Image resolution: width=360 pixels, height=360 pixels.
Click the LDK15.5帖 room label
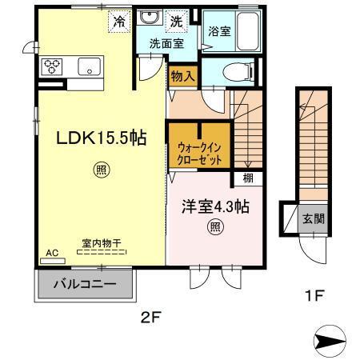pos(100,138)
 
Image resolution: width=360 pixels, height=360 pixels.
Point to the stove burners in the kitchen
pos(53,66)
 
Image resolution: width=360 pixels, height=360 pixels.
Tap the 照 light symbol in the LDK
pos(101,170)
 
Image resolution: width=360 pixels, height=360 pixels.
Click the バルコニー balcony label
pos(86,284)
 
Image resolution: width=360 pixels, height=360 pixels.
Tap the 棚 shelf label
pos(238,178)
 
